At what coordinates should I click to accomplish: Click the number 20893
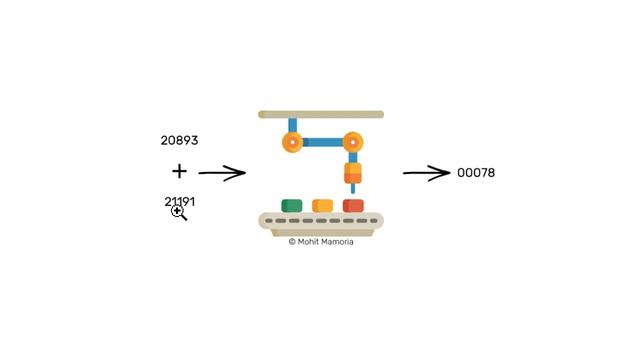179,140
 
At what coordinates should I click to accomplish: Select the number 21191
180,202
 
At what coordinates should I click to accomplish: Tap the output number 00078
476,173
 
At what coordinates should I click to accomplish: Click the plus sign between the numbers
179,171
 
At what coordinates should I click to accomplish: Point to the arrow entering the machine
222,173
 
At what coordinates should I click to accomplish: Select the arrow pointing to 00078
427,173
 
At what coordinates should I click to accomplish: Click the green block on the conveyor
292,206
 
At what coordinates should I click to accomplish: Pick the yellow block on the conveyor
322,206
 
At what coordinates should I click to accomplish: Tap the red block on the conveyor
353,206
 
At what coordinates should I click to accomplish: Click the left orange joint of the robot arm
292,142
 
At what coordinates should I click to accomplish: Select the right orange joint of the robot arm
353,142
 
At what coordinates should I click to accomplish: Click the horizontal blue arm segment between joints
322,142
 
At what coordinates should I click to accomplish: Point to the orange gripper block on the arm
353,173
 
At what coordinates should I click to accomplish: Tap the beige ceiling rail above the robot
321,114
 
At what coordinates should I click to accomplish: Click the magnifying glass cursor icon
179,213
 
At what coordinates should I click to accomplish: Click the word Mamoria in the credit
337,242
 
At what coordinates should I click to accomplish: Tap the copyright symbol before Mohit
292,242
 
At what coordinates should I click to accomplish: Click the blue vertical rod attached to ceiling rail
292,125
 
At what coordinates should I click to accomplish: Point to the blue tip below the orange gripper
353,188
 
